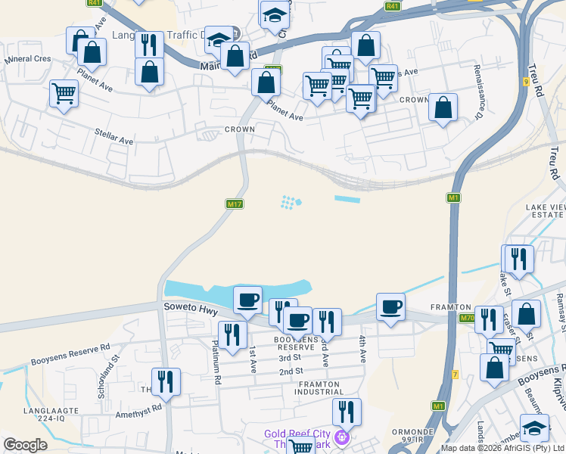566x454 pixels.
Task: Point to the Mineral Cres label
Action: [28, 58]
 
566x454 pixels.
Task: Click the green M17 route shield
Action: [234, 204]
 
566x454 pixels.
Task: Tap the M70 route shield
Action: [467, 318]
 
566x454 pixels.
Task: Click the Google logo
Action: [25, 445]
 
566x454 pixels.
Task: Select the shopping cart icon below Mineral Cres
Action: [64, 94]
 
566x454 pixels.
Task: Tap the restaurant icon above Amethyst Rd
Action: [166, 381]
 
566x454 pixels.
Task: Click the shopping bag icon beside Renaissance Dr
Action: [443, 107]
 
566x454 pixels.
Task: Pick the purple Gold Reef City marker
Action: [342, 437]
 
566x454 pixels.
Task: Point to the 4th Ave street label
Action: [363, 349]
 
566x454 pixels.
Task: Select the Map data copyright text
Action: [503, 448]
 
